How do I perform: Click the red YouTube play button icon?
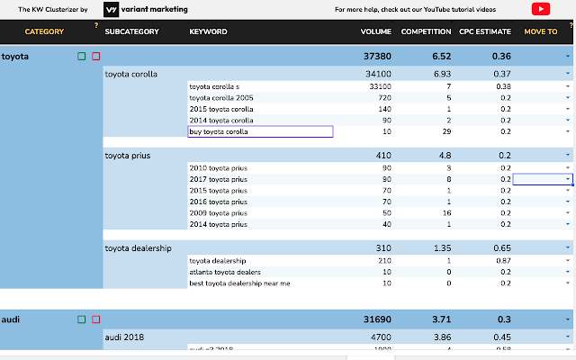(x=541, y=9)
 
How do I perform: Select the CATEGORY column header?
(x=44, y=32)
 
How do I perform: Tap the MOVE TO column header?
(x=540, y=32)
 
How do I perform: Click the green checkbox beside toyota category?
(x=82, y=56)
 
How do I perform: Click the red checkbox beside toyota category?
(x=95, y=56)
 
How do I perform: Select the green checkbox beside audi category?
(x=82, y=319)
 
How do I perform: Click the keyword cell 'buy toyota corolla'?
(x=260, y=131)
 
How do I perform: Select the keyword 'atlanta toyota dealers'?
(x=225, y=272)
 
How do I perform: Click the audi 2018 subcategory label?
(x=127, y=338)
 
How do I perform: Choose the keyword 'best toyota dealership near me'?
(x=239, y=283)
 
